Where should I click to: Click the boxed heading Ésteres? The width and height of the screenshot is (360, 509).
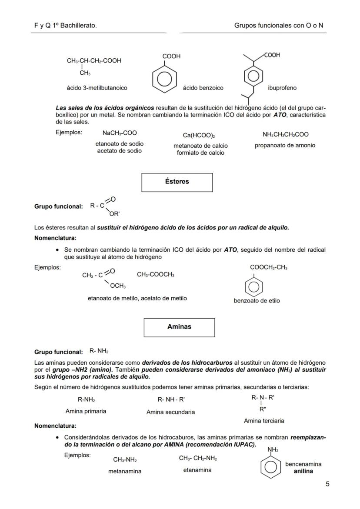coord(177,182)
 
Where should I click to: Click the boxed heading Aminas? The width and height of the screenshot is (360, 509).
coord(179,327)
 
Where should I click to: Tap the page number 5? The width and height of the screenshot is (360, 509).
coord(327,484)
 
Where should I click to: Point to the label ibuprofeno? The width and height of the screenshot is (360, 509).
coord(282,88)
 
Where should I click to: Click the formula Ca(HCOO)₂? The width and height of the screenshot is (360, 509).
coord(200,136)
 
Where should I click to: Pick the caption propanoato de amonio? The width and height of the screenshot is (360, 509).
coord(285,145)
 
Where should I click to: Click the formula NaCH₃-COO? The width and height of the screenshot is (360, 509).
coord(120,133)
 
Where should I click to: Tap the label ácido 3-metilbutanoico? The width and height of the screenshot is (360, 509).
coord(97,88)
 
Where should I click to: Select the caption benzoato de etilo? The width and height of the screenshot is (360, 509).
coord(257,300)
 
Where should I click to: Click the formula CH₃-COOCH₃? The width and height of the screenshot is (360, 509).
coord(156,274)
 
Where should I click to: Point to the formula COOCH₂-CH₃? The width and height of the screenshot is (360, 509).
coord(268,268)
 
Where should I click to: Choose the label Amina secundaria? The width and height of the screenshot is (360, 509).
coord(170,412)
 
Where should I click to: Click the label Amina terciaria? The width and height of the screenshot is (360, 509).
coord(264,421)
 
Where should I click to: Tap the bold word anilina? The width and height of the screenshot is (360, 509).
coord(303,471)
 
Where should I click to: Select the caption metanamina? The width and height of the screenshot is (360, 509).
coord(125,471)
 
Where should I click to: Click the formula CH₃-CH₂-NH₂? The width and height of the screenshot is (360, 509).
coord(198,458)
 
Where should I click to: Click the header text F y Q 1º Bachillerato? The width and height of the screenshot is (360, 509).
coord(65,26)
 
